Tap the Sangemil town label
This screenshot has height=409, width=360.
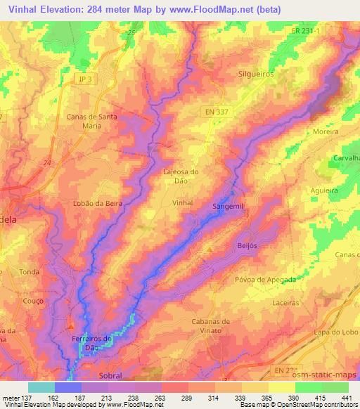[228, 207]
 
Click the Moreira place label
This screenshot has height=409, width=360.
[326, 131]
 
